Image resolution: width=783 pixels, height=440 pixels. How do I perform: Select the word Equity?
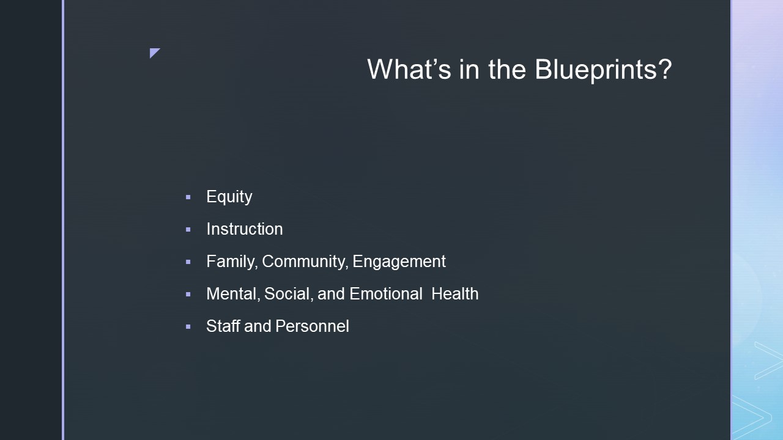coord(229,197)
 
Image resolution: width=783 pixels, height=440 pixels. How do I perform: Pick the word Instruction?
coord(245,229)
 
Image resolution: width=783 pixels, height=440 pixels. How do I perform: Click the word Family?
coord(232,262)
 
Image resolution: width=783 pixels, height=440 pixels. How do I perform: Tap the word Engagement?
coord(399,262)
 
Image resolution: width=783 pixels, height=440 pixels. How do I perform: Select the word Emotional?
coord(386,294)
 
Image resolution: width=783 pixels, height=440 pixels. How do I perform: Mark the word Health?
coord(455,294)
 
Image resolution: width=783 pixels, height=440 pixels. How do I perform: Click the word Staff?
coord(223,326)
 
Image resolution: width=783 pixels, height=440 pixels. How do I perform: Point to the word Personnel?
coord(312,326)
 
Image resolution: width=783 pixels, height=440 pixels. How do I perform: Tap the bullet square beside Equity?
coord(188,197)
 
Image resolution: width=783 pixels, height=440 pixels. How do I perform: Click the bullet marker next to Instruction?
coord(188,230)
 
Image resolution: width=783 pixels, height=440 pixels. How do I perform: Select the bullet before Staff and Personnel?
coord(188,327)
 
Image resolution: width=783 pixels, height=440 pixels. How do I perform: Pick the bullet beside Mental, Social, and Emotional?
coord(188,295)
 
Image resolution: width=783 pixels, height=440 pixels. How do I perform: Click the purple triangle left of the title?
coord(154,52)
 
